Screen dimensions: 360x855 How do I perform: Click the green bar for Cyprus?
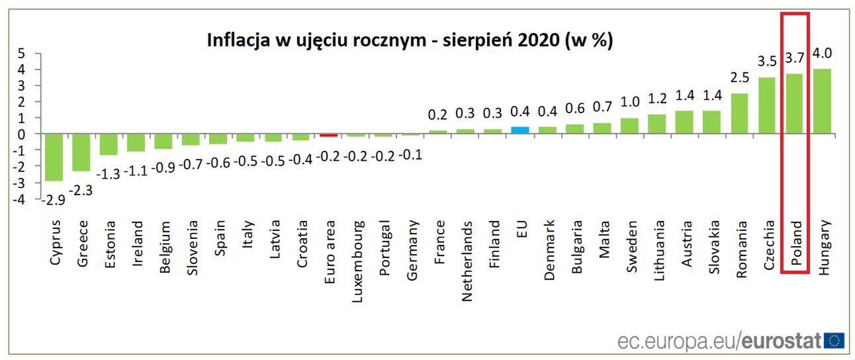54,157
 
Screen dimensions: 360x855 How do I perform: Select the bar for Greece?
81,152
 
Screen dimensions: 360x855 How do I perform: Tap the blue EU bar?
520,130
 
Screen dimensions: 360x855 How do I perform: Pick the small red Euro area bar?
328,135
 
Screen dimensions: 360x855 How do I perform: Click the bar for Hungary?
821,101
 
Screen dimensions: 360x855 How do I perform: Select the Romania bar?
739,113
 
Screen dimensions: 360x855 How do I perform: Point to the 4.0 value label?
822,54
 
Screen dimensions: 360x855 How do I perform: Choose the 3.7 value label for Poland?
794,58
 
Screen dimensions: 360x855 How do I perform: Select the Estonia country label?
109,244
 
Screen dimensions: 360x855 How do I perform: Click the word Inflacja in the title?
240,40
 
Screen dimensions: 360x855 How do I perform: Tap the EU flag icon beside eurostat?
834,341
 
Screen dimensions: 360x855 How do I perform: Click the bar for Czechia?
767,106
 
